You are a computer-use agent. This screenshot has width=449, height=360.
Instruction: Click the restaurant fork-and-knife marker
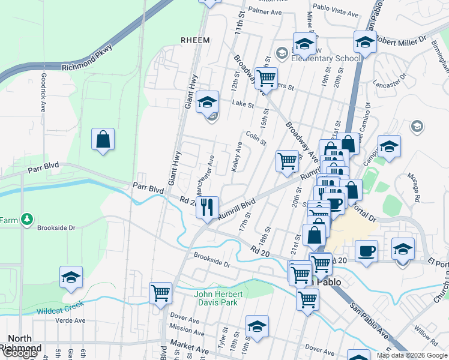pos(207,208)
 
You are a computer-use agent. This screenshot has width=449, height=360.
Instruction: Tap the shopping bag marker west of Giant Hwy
pos(103,140)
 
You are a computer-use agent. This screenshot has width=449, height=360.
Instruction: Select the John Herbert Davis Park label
pos(218,298)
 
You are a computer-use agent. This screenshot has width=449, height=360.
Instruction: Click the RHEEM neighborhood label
pos(195,40)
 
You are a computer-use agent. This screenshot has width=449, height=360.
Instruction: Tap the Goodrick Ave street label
pos(43,92)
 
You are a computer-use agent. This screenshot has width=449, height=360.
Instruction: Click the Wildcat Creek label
pos(61,311)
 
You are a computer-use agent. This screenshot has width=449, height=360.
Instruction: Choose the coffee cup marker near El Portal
pos(366,250)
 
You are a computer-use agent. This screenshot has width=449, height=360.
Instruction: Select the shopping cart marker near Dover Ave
pos(161,293)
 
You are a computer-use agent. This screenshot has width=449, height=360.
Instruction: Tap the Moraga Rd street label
pos(416,188)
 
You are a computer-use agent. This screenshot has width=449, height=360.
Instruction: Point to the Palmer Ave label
pos(265,11)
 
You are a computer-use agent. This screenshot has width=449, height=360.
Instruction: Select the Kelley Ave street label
pos(238,155)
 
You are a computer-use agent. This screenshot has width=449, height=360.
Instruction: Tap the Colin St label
pos(256,139)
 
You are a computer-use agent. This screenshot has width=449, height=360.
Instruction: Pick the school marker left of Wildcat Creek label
pos(71,277)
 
